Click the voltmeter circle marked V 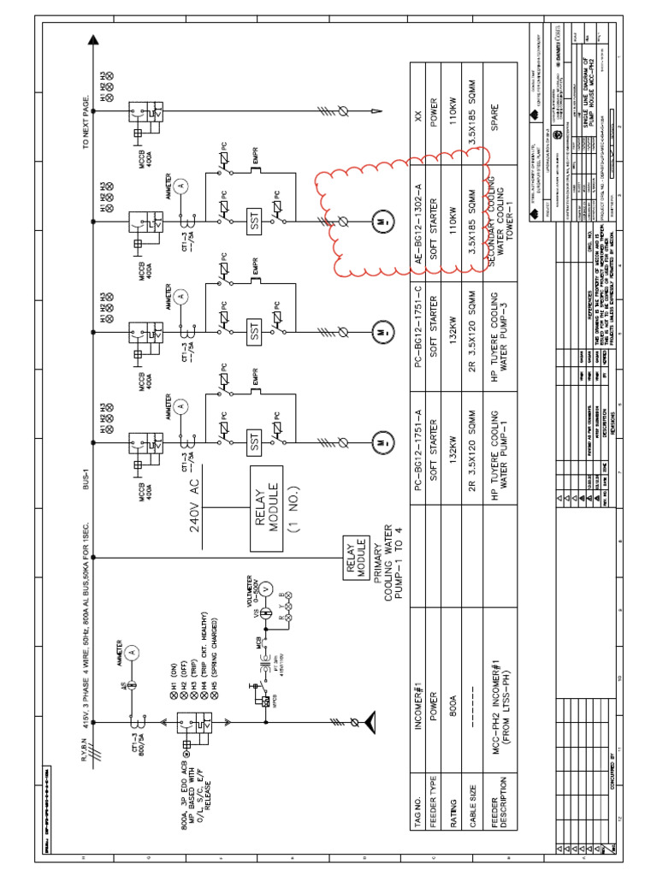[x=265, y=589]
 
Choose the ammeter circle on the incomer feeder [x=130, y=652]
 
